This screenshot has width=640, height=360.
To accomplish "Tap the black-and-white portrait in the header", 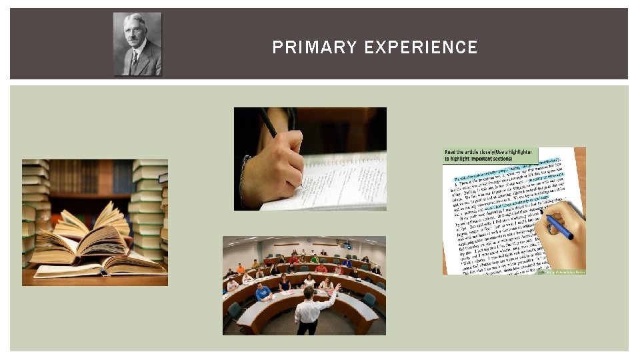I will pos(137,44).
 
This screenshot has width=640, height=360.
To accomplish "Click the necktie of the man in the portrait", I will pos(135,60).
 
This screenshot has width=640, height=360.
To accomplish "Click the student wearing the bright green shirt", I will pos(315,259).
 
